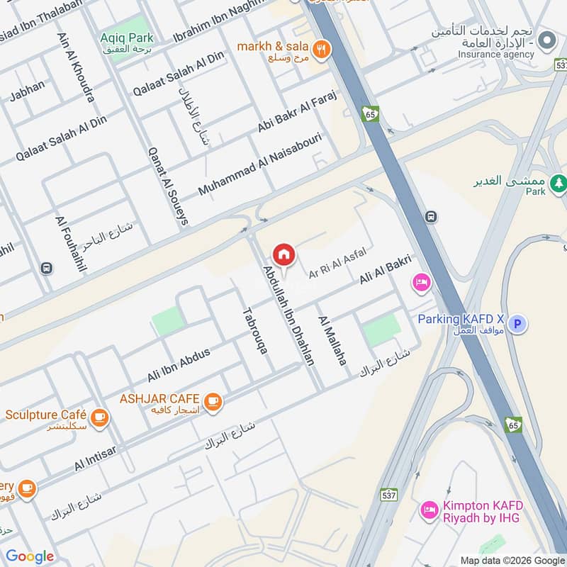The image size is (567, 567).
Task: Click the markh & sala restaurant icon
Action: (322, 49)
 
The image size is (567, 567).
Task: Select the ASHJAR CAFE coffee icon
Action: (212, 402)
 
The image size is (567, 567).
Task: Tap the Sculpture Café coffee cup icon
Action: (99, 416)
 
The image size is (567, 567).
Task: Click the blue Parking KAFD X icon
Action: (520, 324)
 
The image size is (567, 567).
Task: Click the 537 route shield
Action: (389, 494)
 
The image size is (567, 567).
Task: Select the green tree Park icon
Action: (559, 182)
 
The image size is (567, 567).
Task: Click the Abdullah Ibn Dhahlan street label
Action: (288, 315)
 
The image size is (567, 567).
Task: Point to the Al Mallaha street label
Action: (332, 340)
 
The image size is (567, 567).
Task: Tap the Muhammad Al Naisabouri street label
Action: (261, 164)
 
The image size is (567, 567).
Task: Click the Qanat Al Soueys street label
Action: (168, 186)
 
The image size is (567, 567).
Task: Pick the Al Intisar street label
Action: (95, 456)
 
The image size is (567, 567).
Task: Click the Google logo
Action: (30, 556)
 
